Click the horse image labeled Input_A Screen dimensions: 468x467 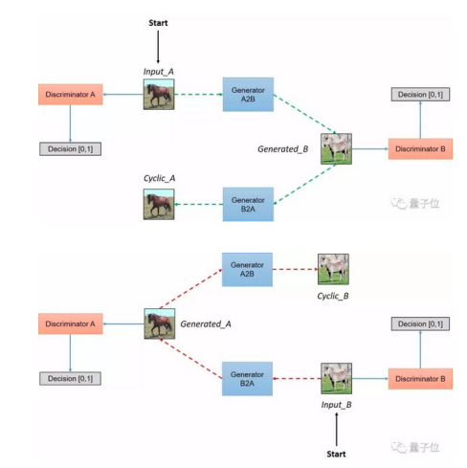tap(158, 94)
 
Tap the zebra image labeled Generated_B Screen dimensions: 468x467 tap(336, 148)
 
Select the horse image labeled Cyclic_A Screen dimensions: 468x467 tap(158, 204)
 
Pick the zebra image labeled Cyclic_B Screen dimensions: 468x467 tap(333, 269)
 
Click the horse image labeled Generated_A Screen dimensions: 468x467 tap(158, 323)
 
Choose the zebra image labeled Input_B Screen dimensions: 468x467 tap(336, 379)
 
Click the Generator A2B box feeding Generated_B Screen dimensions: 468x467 tap(247, 94)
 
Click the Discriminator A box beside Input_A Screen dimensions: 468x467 tap(70, 94)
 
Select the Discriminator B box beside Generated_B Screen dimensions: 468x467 tap(419, 148)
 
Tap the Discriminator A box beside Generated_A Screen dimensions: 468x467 tap(70, 323)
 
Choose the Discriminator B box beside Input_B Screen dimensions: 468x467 tap(419, 379)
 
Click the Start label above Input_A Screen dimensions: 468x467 tap(158, 21)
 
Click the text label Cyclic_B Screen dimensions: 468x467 tap(332, 297)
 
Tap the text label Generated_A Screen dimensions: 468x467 tap(206, 323)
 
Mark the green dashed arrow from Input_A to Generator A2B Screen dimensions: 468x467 tap(196, 94)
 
